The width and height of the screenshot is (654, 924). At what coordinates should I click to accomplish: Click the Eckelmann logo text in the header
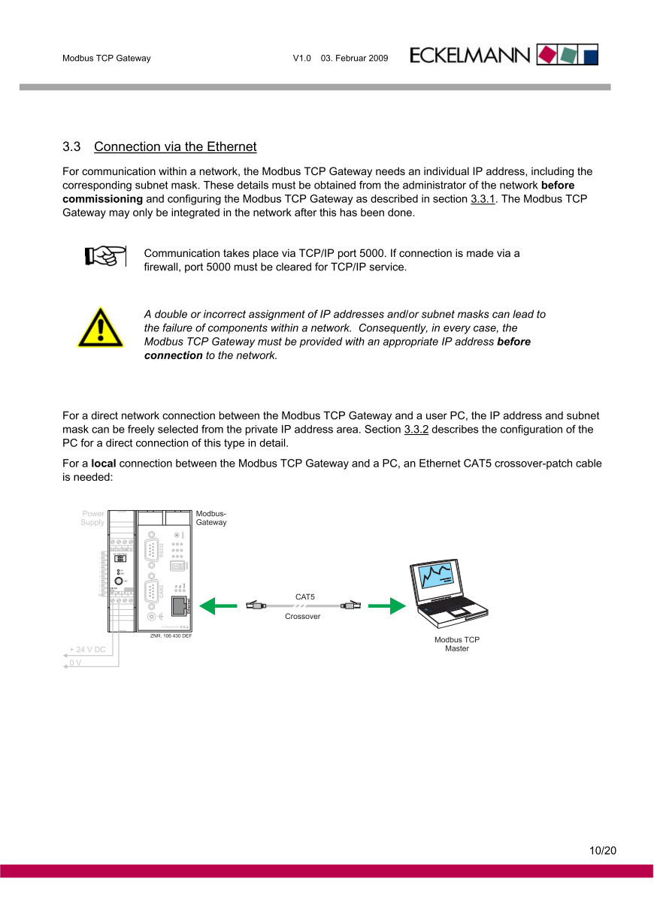pyautogui.click(x=471, y=56)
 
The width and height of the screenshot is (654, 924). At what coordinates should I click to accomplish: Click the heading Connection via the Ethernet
pyautogui.click(x=175, y=146)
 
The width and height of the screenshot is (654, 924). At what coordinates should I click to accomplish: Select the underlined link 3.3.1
pyautogui.click(x=483, y=199)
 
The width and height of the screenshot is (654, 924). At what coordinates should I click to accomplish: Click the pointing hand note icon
pyautogui.click(x=104, y=255)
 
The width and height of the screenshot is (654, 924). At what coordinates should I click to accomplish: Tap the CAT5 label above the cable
pyautogui.click(x=304, y=596)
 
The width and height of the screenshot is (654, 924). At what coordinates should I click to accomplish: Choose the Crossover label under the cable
pyautogui.click(x=302, y=616)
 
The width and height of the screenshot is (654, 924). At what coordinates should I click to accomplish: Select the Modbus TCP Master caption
pyautogui.click(x=456, y=644)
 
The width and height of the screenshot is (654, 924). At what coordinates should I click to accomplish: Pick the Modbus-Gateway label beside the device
pyautogui.click(x=211, y=518)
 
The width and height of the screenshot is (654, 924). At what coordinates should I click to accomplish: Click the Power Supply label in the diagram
pyautogui.click(x=92, y=518)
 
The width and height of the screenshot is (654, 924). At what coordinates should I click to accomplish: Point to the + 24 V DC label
pyautogui.click(x=87, y=649)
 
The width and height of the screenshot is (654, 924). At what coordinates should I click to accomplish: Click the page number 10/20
pyautogui.click(x=602, y=850)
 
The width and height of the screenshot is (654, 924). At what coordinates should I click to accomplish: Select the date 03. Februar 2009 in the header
pyautogui.click(x=354, y=58)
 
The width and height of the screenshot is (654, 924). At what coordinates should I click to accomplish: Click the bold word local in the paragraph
pyautogui.click(x=103, y=464)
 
